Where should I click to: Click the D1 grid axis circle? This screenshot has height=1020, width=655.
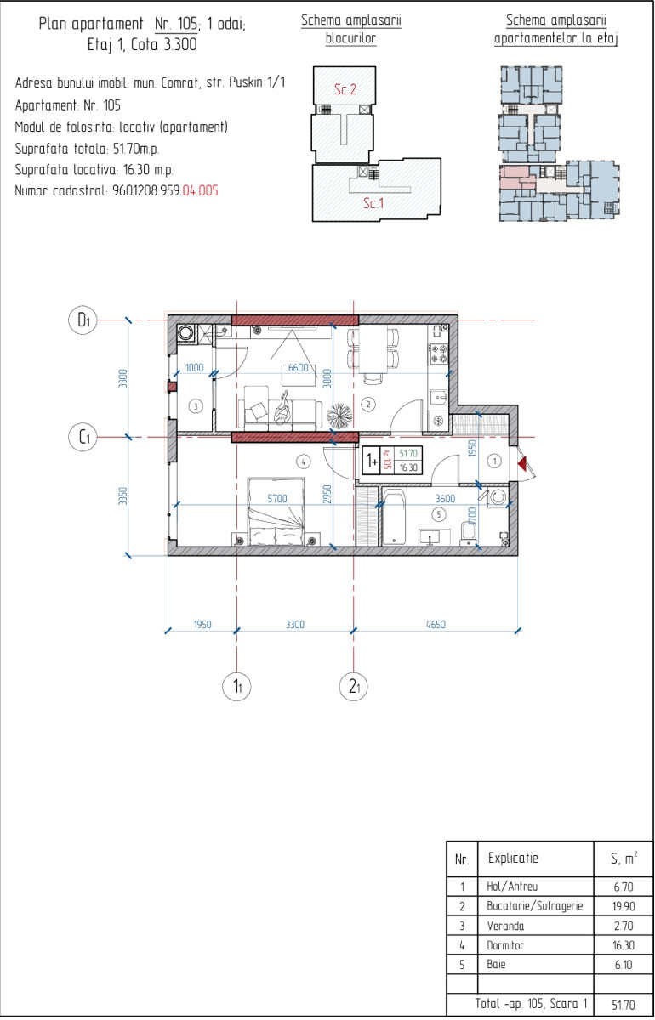83,320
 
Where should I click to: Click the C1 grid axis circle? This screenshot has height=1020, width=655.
83,437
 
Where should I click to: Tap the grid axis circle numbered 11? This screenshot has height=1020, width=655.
236,687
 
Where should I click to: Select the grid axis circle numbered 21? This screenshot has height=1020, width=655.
354,687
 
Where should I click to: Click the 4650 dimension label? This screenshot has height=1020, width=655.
436,624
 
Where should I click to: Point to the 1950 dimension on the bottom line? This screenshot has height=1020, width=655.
202,624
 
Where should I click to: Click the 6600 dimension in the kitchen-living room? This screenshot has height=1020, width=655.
298,368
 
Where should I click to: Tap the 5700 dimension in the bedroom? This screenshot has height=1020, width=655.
277,499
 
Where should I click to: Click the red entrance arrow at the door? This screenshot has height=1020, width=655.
522,464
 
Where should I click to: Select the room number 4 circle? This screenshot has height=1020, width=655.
303,462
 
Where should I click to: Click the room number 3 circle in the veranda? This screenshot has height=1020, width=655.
196,405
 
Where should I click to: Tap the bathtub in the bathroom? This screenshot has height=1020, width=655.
394,517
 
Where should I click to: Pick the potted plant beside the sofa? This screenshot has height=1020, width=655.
339,416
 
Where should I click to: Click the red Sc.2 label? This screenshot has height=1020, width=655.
345,89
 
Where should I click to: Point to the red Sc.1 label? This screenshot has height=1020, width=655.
373,203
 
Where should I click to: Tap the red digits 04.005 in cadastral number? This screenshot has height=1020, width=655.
200,190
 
